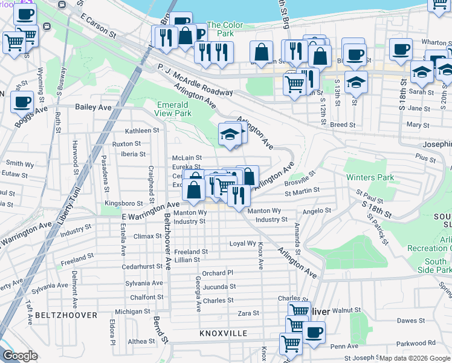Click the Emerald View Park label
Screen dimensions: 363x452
coord(173,108)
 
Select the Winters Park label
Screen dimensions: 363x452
coord(370,178)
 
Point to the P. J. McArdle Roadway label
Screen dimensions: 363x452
coord(195,80)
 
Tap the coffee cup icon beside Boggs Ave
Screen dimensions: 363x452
coord(22,101)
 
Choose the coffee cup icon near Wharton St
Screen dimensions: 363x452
coord(401,50)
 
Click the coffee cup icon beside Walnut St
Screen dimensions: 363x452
coord(314,332)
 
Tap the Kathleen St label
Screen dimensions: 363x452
coord(141,130)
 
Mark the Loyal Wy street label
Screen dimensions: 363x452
coord(242,243)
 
